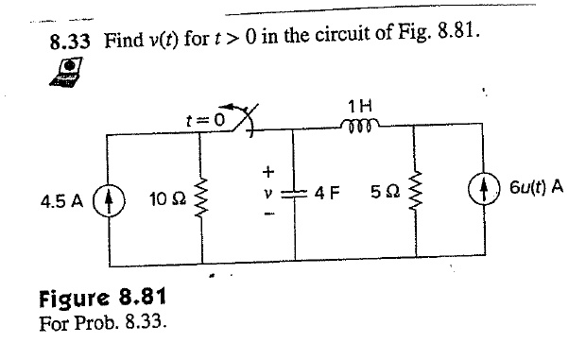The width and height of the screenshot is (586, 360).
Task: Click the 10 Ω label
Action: click(166, 201)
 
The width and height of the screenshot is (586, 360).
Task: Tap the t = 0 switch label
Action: click(205, 120)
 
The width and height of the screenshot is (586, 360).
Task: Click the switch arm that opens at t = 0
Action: click(248, 124)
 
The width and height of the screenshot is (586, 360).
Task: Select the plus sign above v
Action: click(267, 172)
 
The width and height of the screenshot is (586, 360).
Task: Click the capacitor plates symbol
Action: click(297, 193)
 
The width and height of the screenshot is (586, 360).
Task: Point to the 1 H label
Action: click(359, 105)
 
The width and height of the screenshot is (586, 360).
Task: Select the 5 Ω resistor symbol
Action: click(413, 199)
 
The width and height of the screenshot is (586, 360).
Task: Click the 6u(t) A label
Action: click(538, 186)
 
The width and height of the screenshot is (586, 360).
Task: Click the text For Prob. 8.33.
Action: click(102, 323)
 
